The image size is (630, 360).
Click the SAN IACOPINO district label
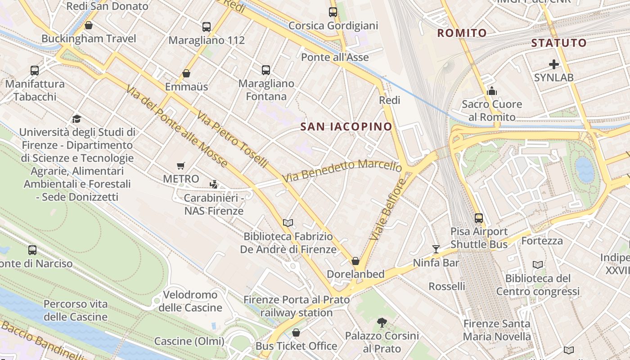[346, 127]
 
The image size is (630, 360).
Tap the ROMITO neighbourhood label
[462, 33]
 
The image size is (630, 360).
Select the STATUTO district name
[559, 43]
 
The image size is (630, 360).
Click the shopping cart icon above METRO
[181, 166]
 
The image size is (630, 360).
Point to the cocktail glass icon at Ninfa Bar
[436, 249]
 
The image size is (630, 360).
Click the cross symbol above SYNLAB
[553, 64]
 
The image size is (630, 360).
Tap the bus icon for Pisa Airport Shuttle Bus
[479, 218]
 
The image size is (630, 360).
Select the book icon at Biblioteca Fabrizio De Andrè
[288, 223]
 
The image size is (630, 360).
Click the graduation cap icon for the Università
[76, 119]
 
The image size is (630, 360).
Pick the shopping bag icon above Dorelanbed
[355, 261]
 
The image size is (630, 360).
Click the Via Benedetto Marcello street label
[342, 171]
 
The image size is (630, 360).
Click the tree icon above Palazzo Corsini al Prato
[382, 322]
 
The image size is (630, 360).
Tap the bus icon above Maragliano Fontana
[266, 70]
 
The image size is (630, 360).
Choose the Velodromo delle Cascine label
[190, 301]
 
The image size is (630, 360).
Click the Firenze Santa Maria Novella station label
[497, 330]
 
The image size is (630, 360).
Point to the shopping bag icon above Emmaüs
[186, 73]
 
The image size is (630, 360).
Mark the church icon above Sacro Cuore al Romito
[492, 91]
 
